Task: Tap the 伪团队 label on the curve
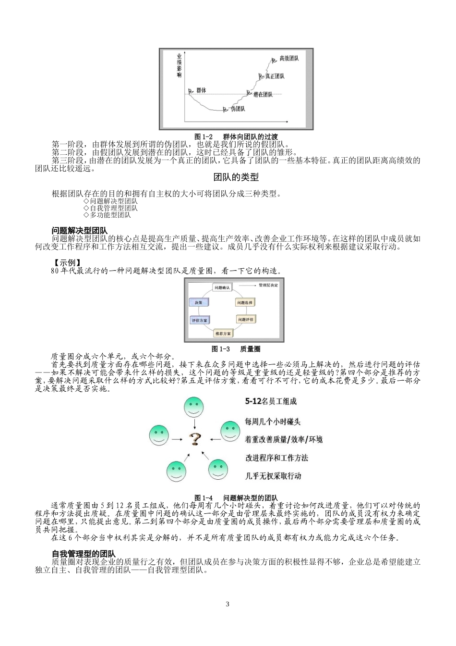238,109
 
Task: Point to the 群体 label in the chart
201,90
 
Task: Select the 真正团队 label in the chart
275,76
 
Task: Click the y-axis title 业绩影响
179,65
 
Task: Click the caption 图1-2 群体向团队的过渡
236,137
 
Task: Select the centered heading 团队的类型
236,177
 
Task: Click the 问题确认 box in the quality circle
222,287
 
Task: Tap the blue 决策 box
199,303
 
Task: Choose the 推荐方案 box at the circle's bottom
223,333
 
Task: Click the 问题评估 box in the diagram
246,319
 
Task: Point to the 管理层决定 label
267,286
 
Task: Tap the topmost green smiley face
194,408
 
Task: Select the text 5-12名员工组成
271,401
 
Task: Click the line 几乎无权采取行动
273,476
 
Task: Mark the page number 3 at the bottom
228,604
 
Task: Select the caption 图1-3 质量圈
236,349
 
